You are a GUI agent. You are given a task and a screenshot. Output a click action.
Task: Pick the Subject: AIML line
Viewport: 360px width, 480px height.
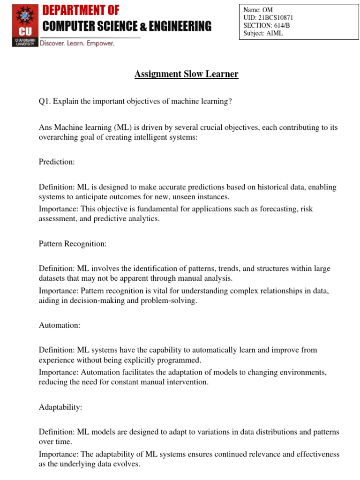point(263,33)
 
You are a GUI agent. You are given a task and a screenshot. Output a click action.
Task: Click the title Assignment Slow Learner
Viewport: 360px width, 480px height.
point(187,74)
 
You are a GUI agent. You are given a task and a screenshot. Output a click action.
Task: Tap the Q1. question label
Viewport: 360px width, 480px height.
point(45,102)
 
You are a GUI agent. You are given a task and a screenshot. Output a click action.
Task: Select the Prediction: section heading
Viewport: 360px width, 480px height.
point(57,162)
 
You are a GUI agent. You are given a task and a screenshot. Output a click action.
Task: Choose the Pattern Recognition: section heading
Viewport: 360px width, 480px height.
point(73,244)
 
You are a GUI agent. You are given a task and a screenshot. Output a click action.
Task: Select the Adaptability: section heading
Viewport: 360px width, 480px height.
point(60,407)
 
